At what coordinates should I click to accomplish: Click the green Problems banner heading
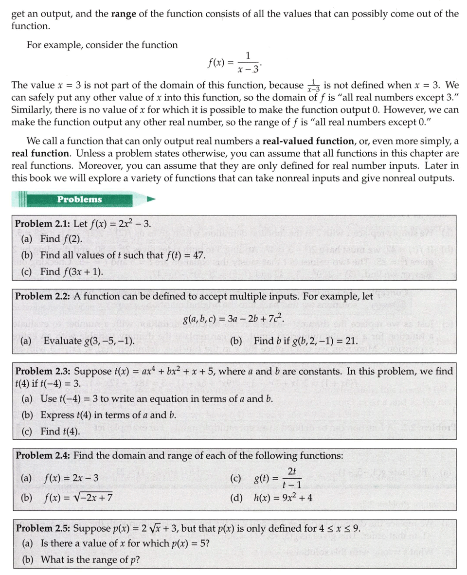[x=79, y=199]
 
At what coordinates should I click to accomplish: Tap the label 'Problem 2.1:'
[x=43, y=224]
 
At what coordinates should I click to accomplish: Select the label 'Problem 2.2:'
[x=43, y=296]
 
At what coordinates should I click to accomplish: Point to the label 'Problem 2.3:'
[x=43, y=372]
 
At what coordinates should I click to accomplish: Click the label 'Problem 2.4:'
[x=43, y=456]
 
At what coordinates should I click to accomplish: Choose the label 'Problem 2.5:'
[x=43, y=529]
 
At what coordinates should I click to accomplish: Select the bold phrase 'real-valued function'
[x=307, y=142]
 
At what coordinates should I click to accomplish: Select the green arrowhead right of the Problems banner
[x=151, y=199]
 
